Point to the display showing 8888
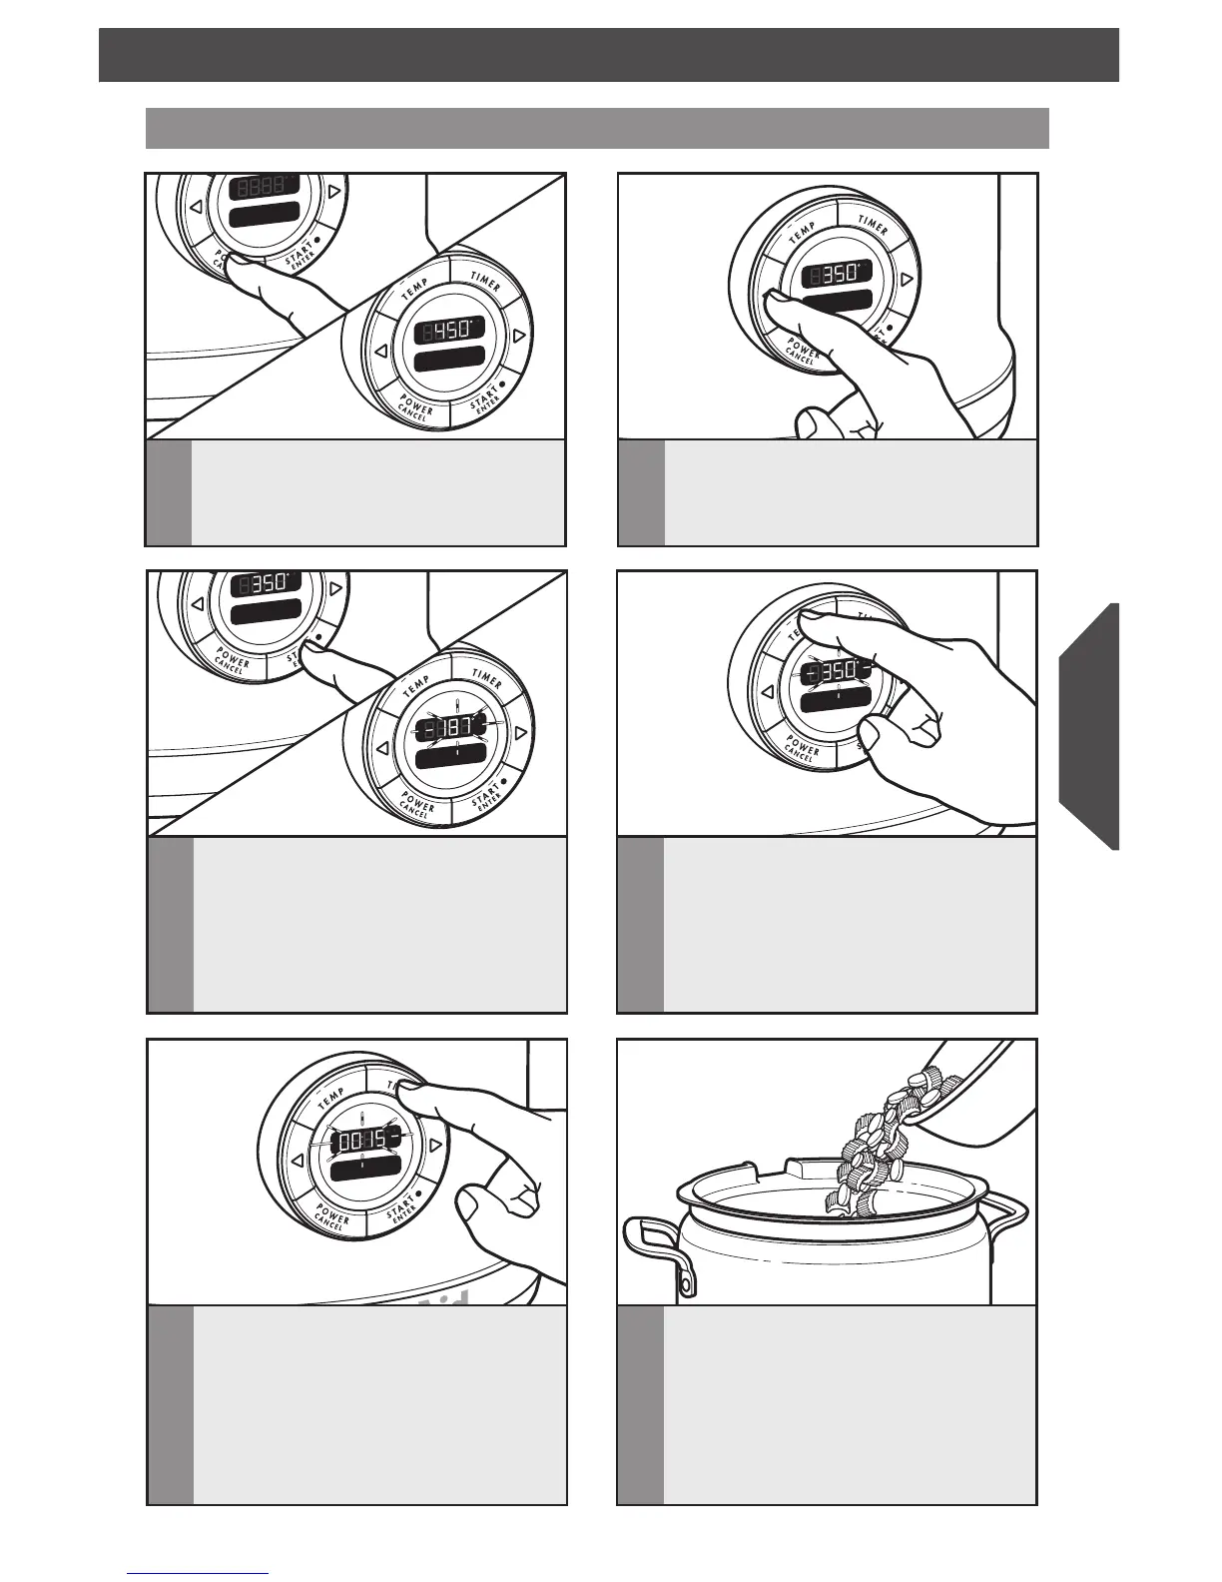(265, 187)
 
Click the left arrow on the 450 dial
(380, 352)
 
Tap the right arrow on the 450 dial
(518, 337)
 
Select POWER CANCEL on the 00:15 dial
(330, 1217)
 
